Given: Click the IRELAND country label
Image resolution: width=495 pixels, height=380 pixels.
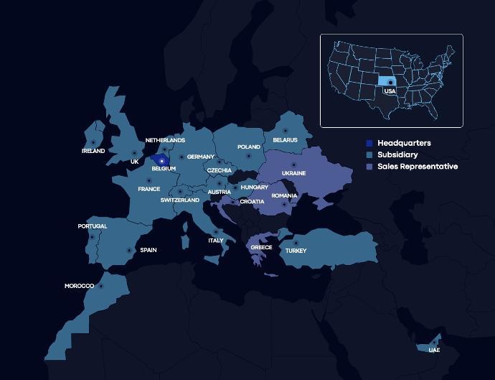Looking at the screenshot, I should click(x=93, y=151).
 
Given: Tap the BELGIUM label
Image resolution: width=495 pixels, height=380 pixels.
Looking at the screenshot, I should click(x=164, y=169).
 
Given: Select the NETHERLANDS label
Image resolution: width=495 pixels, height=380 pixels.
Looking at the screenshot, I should click(x=165, y=140).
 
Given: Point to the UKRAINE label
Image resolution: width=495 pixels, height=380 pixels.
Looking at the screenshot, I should click(x=293, y=173).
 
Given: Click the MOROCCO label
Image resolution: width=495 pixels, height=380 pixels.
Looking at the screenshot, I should click(x=79, y=286).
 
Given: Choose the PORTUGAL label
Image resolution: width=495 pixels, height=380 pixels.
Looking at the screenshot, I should click(x=93, y=226).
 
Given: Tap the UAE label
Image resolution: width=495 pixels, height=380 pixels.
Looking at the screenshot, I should click(x=434, y=350).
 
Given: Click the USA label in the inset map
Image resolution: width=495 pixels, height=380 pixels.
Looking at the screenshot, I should click(x=390, y=91).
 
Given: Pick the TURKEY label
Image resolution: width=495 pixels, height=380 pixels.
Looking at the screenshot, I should click(x=296, y=251).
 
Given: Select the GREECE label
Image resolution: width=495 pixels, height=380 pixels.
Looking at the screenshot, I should click(x=261, y=247).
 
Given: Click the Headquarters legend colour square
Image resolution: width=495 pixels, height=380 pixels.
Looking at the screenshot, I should click(x=369, y=143).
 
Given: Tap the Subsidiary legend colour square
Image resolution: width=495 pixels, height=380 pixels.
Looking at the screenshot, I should click(x=369, y=154).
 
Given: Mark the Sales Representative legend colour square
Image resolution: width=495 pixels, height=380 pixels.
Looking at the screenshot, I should click(x=369, y=166).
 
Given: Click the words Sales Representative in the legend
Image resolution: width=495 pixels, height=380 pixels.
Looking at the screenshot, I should click(x=418, y=166).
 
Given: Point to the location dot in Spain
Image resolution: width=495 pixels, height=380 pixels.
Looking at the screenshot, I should click(x=129, y=250).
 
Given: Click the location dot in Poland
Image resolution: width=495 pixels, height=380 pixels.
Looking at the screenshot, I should click(x=249, y=154).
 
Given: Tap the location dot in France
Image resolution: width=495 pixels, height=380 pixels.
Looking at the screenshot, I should click(x=149, y=180).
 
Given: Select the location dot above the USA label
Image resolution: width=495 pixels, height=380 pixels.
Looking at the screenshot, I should click(x=390, y=83).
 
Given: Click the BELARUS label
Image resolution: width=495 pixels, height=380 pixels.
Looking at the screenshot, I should click(x=285, y=140).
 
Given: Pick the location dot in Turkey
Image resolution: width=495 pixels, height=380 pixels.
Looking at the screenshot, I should click(x=296, y=242).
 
